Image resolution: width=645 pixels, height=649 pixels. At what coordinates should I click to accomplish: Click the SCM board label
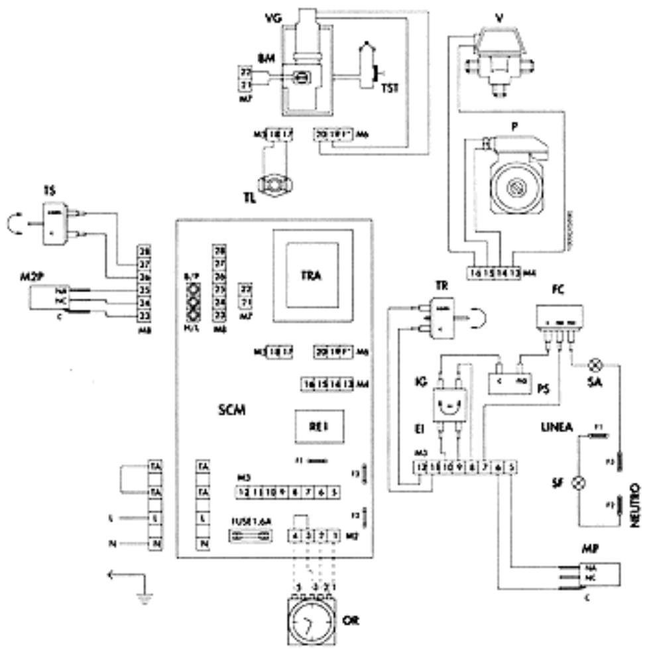click(233, 411)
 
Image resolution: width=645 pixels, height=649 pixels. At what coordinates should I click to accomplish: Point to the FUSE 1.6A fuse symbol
click(251, 540)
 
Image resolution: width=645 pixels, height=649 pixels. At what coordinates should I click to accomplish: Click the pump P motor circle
click(515, 190)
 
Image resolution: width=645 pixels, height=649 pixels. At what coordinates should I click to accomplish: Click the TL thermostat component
click(273, 183)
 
